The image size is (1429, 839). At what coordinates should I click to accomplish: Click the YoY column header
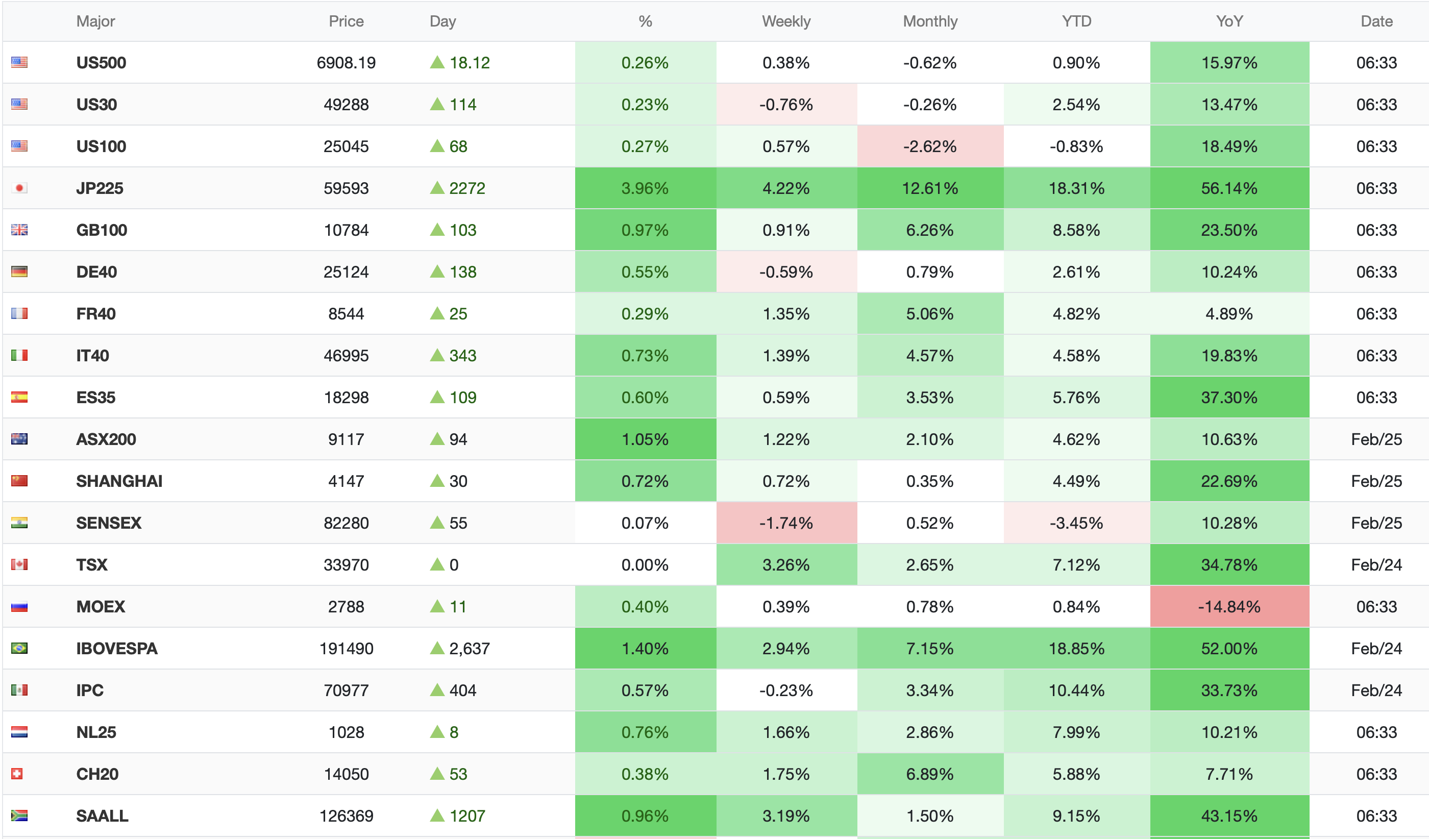(x=1229, y=21)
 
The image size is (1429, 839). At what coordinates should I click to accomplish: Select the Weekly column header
(x=786, y=21)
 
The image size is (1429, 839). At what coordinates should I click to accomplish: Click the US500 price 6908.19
(x=346, y=63)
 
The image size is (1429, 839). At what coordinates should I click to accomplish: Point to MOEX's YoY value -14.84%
(x=1229, y=607)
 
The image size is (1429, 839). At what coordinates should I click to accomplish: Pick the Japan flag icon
(x=19, y=188)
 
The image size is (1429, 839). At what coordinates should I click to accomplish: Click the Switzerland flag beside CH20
(x=17, y=774)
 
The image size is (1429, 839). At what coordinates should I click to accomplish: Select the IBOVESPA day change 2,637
(x=469, y=649)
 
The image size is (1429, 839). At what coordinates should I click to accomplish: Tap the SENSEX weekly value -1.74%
(x=786, y=523)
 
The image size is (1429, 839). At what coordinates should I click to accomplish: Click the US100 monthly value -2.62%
(x=929, y=146)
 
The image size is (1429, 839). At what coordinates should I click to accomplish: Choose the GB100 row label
(x=102, y=230)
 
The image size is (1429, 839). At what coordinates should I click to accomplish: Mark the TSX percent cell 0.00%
(x=645, y=564)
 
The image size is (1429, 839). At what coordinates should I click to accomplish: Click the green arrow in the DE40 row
(x=437, y=272)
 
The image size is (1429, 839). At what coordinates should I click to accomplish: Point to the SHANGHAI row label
(x=119, y=481)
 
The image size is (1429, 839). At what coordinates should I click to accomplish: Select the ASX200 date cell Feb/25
(x=1376, y=439)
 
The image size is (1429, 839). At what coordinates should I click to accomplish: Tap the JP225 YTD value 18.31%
(x=1076, y=188)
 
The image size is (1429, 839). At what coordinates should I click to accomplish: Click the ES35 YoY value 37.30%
(x=1229, y=398)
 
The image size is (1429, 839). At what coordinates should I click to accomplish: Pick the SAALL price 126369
(x=346, y=816)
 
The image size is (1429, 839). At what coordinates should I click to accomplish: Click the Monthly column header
(x=929, y=21)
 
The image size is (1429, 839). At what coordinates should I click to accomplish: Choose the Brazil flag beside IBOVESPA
(x=19, y=648)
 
